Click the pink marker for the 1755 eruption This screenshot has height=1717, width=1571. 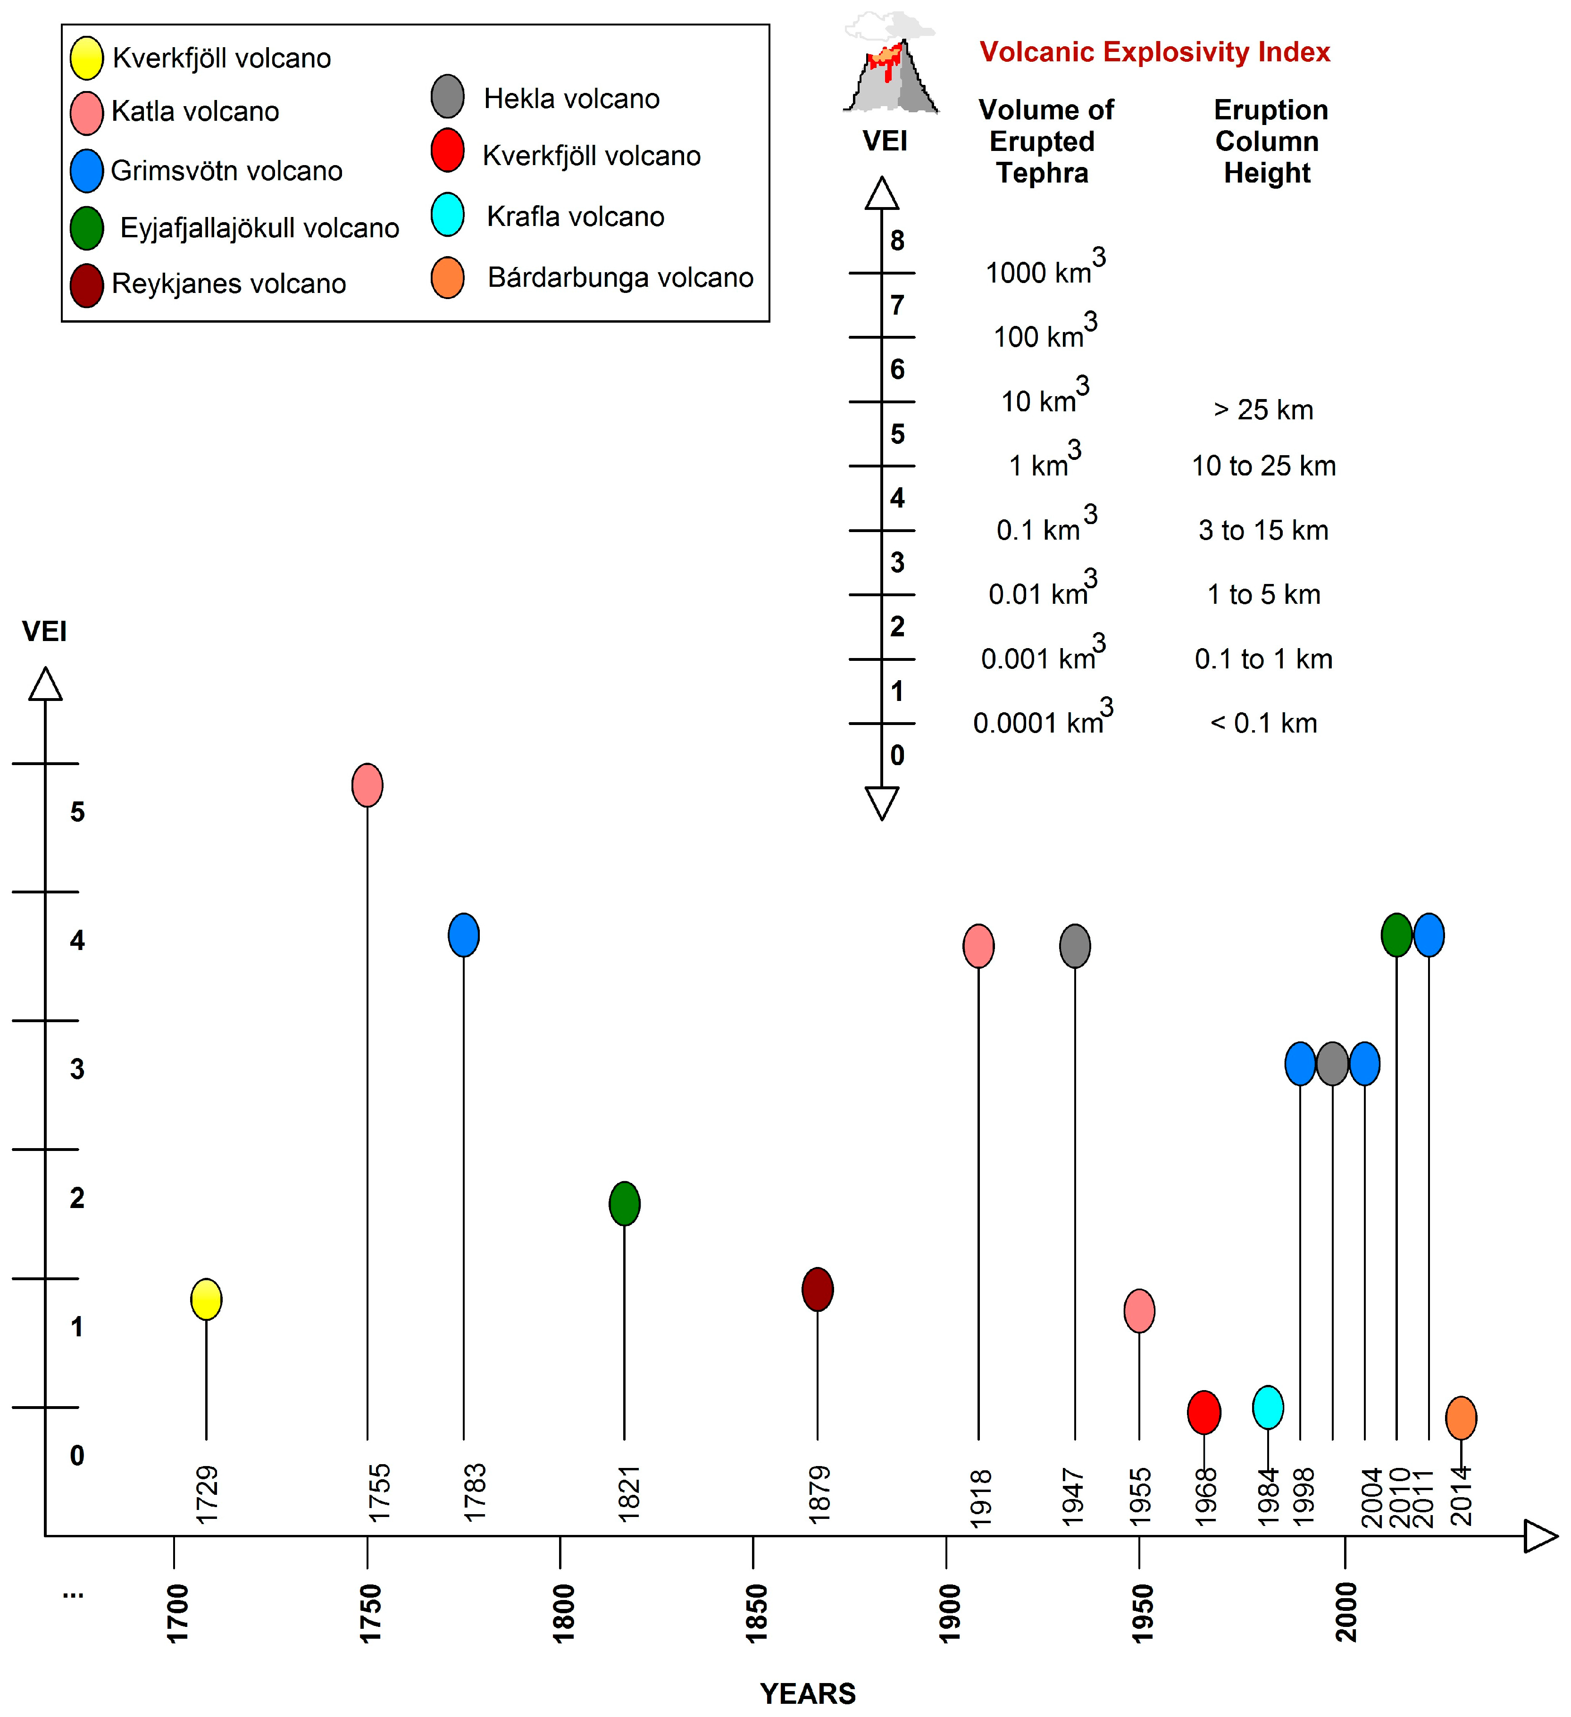click(x=367, y=785)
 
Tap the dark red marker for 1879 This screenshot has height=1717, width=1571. click(x=818, y=1290)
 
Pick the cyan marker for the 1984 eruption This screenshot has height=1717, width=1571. click(x=1268, y=1407)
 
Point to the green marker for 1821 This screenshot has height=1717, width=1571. click(x=625, y=1203)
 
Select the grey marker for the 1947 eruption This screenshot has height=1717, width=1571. click(x=1075, y=945)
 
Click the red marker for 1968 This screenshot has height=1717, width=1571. click(x=1204, y=1412)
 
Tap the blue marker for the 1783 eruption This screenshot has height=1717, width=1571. click(x=463, y=935)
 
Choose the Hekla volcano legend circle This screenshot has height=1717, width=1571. click(x=447, y=96)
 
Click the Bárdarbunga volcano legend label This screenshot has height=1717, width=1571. click(x=620, y=278)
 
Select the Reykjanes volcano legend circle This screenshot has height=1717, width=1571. click(x=87, y=285)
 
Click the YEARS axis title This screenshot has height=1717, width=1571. click(x=808, y=1693)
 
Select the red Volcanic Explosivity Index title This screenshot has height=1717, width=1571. click(x=1154, y=52)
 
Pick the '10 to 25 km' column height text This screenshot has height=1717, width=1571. click(x=1263, y=466)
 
